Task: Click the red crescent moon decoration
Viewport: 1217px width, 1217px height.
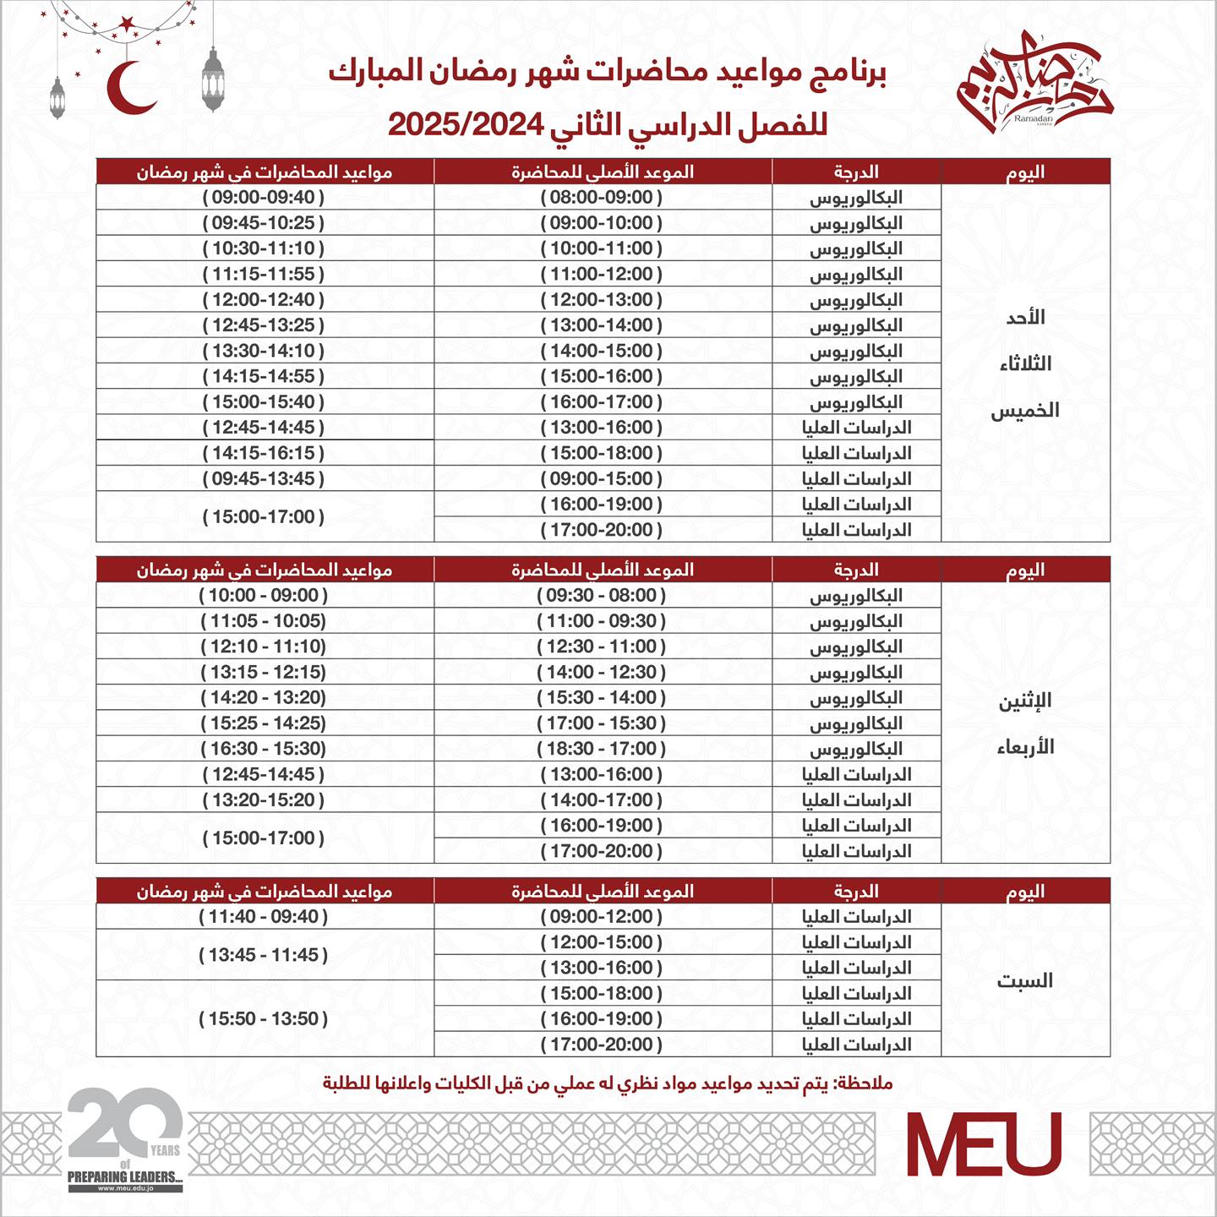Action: [129, 88]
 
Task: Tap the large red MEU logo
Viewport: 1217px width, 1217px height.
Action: [984, 1143]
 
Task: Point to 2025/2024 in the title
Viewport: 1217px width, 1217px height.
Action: [465, 125]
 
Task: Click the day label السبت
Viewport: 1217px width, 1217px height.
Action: [1025, 980]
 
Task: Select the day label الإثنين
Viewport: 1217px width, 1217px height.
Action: [1025, 701]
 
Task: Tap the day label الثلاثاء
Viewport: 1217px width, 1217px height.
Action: [1025, 364]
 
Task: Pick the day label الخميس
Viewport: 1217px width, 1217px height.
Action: [1025, 411]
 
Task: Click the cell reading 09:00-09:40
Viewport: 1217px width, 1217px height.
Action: [264, 198]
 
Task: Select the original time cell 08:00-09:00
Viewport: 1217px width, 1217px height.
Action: [602, 198]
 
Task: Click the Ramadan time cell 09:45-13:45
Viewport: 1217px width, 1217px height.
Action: [264, 478]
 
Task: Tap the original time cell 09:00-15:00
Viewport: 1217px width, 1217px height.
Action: [602, 478]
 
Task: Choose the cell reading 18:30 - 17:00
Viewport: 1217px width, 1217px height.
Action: [602, 749]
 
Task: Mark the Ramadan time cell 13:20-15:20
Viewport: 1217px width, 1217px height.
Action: [264, 800]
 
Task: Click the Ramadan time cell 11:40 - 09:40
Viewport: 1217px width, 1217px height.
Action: [264, 917]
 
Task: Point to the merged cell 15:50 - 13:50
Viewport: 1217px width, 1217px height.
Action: [264, 1019]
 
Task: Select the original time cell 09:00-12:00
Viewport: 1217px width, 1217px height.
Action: [602, 917]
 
